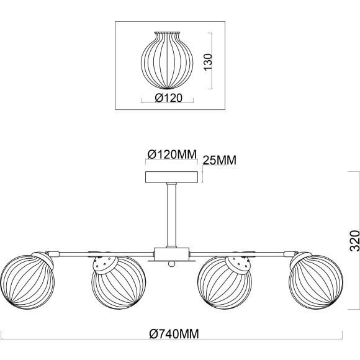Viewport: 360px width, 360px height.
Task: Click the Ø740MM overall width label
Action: pos(174,334)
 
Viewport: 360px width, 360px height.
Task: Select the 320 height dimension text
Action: pos(354,241)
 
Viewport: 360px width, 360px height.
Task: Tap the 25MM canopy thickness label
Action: pos(220,160)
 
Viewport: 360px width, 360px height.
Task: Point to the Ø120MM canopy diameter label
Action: pos(172,154)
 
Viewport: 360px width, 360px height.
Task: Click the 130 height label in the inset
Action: pos(208,62)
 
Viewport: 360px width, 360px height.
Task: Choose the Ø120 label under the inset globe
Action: pos(169,98)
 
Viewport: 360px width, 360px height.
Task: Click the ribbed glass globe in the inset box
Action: pos(167,60)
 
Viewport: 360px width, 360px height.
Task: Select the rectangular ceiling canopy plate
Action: pos(171,177)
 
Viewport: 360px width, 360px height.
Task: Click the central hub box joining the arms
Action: pos(171,254)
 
